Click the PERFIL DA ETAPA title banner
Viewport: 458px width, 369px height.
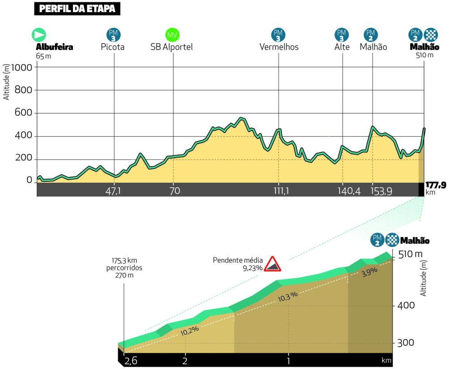point(77,9)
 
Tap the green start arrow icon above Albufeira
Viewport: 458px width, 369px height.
point(38,35)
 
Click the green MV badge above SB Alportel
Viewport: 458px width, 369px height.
point(172,34)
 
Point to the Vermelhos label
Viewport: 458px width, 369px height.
point(279,47)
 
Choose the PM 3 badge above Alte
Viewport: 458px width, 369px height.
point(342,34)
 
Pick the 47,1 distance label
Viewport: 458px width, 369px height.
point(113,191)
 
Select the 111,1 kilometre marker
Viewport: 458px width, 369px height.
point(281,191)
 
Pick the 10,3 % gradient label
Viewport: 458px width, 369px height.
point(288,296)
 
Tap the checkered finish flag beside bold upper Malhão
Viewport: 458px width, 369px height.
point(431,34)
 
